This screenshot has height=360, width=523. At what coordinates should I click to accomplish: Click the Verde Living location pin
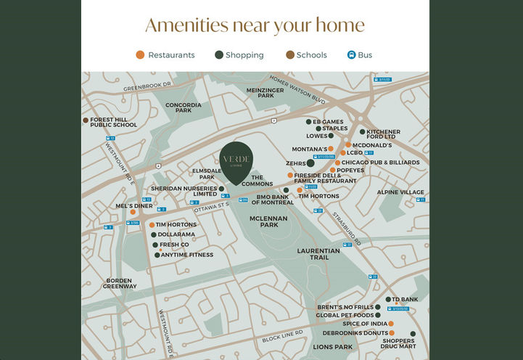pyautogui.click(x=236, y=161)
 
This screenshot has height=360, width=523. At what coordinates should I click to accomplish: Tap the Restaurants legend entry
pyautogui.click(x=165, y=55)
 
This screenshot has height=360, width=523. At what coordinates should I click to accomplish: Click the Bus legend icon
pyautogui.click(x=352, y=55)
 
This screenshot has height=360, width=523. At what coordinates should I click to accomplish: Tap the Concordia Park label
pyautogui.click(x=183, y=107)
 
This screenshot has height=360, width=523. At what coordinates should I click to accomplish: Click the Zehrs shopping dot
pyautogui.click(x=310, y=163)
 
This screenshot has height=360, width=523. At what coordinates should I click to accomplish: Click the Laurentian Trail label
pyautogui.click(x=318, y=253)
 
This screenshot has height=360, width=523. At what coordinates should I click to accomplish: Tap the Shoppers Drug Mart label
pyautogui.click(x=398, y=343)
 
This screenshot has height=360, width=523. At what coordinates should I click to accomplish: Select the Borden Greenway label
pyautogui.click(x=119, y=283)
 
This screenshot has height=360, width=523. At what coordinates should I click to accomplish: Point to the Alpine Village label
pyautogui.click(x=400, y=192)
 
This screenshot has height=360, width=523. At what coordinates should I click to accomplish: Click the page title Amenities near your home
pyautogui.click(x=255, y=25)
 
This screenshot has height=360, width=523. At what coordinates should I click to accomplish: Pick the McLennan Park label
pyautogui.click(x=268, y=221)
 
